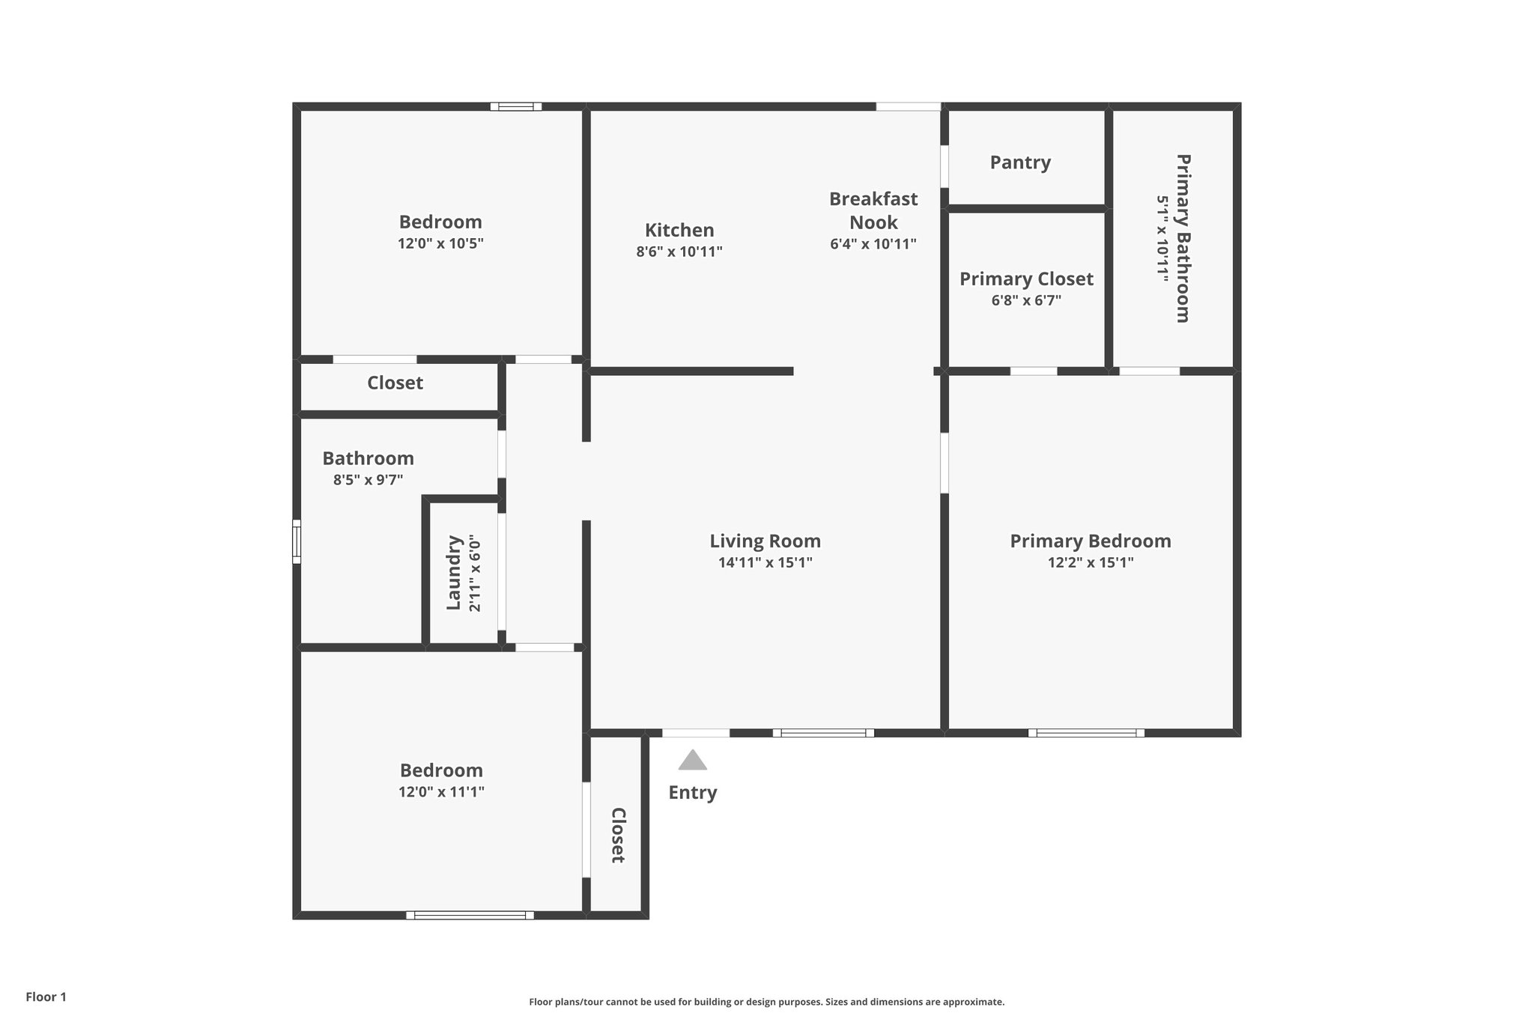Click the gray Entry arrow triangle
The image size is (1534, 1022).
[x=692, y=761]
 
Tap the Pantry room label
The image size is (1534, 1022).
[x=1019, y=162]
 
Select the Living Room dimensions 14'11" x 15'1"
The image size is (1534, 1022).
[x=765, y=562]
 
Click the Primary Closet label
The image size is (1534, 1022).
[x=1026, y=279]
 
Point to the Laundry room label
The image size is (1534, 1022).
[x=453, y=573]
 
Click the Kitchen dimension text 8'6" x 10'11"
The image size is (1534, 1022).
[x=679, y=252]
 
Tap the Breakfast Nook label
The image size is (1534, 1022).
[x=873, y=210]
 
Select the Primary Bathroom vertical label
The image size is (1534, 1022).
[x=1183, y=238]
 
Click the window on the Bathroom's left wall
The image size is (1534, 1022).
[x=297, y=541]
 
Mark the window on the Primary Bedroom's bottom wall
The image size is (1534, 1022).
[x=1085, y=733]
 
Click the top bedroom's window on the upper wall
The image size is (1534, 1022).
[x=516, y=106]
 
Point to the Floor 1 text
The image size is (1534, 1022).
[x=46, y=997]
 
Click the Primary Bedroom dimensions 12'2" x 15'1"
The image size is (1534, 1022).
[x=1090, y=562]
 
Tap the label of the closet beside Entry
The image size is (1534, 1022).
[x=618, y=835]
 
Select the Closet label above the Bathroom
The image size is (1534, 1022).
[x=395, y=383]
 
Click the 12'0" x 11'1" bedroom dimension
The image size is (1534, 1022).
[x=441, y=791]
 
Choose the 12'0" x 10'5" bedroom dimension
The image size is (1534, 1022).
[x=440, y=243]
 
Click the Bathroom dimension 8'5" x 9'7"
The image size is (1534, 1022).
[x=368, y=480]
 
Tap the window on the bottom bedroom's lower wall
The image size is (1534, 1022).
[x=470, y=915]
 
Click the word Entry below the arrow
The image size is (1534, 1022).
[x=692, y=792]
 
